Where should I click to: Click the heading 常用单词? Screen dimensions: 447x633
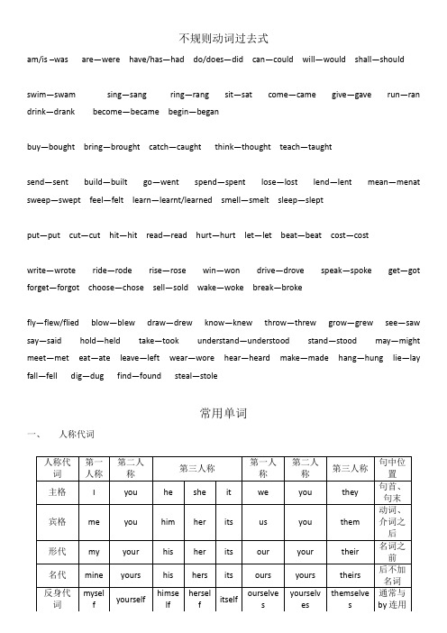[223, 413]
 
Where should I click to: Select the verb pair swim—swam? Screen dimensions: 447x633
[51, 94]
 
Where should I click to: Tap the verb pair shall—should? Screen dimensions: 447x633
[379, 59]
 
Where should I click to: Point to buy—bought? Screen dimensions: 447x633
[50, 146]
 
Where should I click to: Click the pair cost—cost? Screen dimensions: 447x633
[350, 234]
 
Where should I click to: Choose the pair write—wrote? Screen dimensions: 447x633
[51, 270]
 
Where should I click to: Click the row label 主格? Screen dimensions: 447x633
[57, 493]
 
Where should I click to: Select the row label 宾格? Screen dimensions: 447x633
[57, 521]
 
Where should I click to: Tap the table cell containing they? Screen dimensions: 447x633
[350, 493]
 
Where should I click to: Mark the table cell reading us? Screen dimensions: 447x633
[262, 521]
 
